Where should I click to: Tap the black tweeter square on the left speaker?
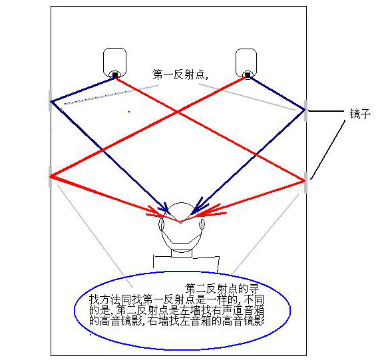[115, 75]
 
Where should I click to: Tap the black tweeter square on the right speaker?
[248, 76]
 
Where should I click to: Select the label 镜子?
[360, 113]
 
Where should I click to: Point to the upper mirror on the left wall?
[50, 100]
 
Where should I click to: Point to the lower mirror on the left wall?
[50, 176]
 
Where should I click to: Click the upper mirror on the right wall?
[305, 111]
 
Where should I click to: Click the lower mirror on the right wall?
[305, 182]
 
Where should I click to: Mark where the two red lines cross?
[177, 112]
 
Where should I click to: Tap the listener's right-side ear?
[202, 225]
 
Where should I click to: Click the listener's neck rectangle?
[182, 254]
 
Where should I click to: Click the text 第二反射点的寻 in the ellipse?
[222, 289]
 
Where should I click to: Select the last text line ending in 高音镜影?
[176, 321]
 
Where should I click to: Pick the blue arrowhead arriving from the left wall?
[166, 208]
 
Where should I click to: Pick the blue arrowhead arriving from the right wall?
[197, 208]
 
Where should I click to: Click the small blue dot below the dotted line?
[129, 112]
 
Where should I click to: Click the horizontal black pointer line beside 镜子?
[326, 111]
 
